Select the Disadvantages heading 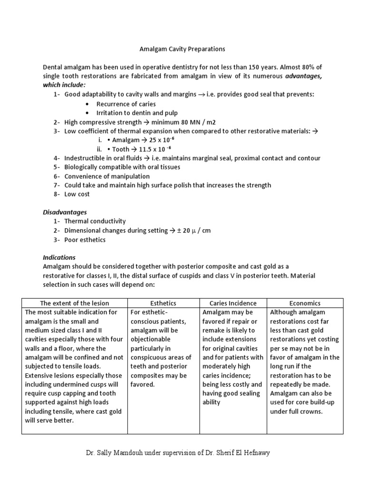tap(65, 212)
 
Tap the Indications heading tap(59, 257)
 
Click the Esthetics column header tap(163, 303)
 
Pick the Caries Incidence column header tap(233, 303)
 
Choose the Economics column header tap(305, 303)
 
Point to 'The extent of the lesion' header tap(75, 303)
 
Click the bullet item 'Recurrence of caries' tap(126, 104)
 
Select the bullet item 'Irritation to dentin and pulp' tap(137, 113)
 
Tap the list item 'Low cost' tap(77, 194)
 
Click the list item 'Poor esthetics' tap(85, 240)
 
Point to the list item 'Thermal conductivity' tap(95, 221)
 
